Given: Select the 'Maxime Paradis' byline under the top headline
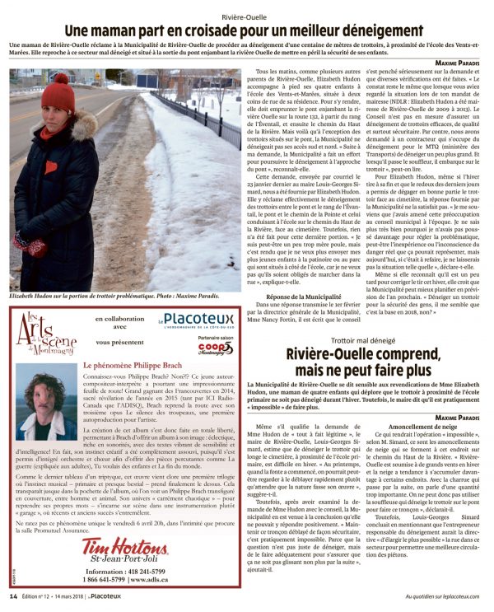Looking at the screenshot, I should point(457,63).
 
